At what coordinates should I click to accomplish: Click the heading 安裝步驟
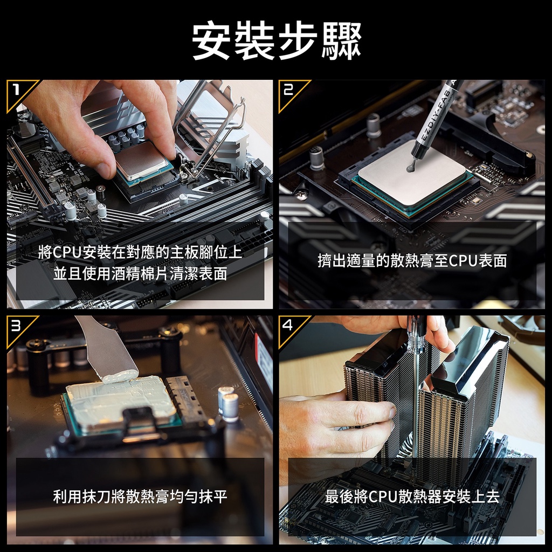click(277, 41)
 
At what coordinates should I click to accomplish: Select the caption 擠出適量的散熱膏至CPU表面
click(412, 260)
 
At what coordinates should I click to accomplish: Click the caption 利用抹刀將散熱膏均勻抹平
click(141, 496)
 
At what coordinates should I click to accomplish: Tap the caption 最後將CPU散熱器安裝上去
click(412, 496)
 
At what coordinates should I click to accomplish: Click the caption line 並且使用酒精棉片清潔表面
click(141, 273)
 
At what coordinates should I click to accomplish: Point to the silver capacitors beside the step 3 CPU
click(228, 403)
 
